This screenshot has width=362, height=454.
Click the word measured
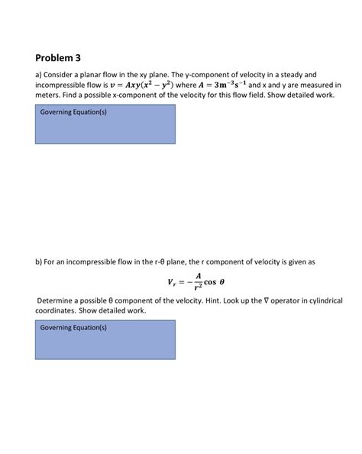click(313, 86)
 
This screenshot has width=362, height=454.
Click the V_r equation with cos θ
click(196, 283)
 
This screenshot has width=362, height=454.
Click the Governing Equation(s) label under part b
click(73, 327)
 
